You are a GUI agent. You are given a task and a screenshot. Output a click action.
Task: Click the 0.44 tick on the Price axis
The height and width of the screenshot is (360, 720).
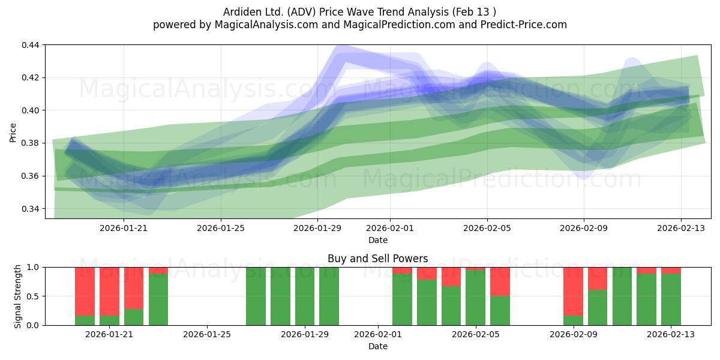(31, 45)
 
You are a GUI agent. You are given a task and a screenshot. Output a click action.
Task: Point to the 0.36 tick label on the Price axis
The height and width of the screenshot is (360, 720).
(31, 176)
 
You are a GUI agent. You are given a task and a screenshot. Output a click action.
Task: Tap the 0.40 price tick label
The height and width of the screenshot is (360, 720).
(31, 110)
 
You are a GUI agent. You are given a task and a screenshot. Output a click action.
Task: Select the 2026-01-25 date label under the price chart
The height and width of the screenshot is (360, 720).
(221, 228)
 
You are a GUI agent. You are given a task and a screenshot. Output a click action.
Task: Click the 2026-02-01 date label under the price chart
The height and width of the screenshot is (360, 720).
(390, 228)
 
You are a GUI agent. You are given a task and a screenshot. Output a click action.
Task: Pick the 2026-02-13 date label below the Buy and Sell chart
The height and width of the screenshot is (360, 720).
(671, 335)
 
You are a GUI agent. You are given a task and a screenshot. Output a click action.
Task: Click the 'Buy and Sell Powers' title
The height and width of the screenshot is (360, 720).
(377, 259)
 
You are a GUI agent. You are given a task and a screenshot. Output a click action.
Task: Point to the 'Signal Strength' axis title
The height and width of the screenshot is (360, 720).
(17, 296)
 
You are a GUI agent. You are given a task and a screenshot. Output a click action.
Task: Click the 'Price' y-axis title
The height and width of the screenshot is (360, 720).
(13, 133)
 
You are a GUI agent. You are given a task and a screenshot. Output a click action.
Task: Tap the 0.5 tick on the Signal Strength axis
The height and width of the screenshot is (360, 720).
(33, 296)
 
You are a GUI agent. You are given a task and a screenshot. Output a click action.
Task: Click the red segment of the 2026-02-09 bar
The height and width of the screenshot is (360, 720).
(574, 292)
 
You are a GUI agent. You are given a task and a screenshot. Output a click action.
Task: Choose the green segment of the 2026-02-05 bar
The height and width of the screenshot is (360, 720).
(475, 298)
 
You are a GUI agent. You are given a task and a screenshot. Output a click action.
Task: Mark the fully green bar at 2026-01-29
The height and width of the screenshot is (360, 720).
(305, 296)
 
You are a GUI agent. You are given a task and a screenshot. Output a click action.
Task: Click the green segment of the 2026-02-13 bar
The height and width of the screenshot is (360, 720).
(671, 299)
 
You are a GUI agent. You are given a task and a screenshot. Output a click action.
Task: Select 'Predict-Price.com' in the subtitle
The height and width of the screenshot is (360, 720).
(524, 25)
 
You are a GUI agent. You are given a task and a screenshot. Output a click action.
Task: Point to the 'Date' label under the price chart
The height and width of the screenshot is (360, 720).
(378, 240)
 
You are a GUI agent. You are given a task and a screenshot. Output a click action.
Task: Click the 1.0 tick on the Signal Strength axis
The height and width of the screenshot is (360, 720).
(33, 267)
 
